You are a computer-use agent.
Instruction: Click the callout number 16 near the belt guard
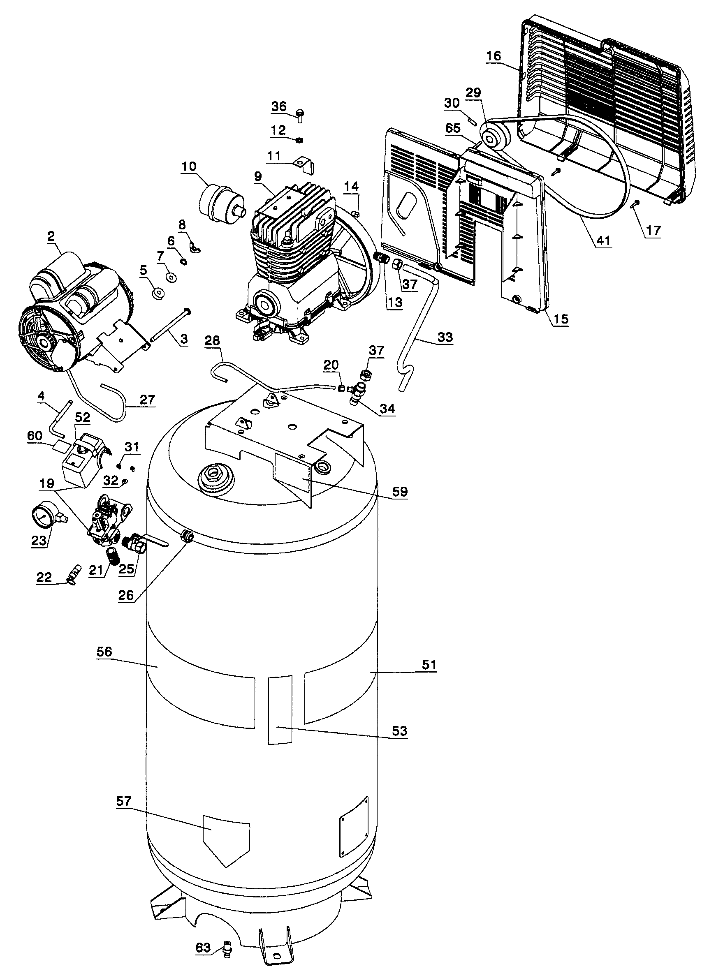493,56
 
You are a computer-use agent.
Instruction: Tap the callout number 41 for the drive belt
604,240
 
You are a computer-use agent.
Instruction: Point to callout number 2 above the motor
51,236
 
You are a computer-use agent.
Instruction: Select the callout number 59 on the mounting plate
400,491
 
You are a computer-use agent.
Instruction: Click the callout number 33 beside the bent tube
445,337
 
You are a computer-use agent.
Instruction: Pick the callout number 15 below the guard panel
561,319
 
